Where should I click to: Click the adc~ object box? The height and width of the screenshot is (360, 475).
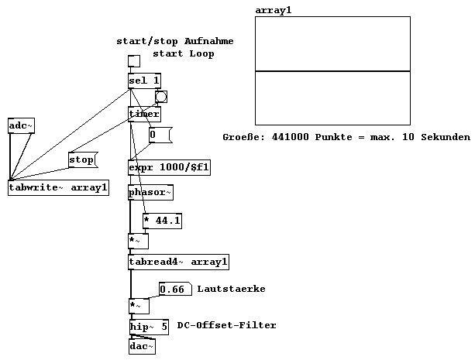click(x=22, y=125)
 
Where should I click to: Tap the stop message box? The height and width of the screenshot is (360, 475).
click(x=81, y=160)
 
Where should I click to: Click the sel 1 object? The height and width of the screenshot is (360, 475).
click(x=144, y=81)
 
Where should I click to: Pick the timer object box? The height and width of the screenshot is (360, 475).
click(x=144, y=114)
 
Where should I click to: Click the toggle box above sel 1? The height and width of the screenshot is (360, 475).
click(x=134, y=62)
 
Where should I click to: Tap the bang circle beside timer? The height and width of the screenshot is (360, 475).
click(x=161, y=97)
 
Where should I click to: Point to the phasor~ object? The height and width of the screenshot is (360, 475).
click(x=146, y=192)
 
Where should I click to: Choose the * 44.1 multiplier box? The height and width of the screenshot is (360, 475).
click(x=162, y=221)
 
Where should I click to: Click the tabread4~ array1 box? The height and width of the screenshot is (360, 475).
click(x=178, y=262)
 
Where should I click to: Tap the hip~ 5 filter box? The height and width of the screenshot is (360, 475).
click(x=148, y=327)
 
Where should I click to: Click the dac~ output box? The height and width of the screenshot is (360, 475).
click(x=142, y=346)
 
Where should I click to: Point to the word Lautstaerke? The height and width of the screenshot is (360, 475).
click(x=231, y=289)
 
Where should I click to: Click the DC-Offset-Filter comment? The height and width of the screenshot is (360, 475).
click(x=226, y=325)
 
